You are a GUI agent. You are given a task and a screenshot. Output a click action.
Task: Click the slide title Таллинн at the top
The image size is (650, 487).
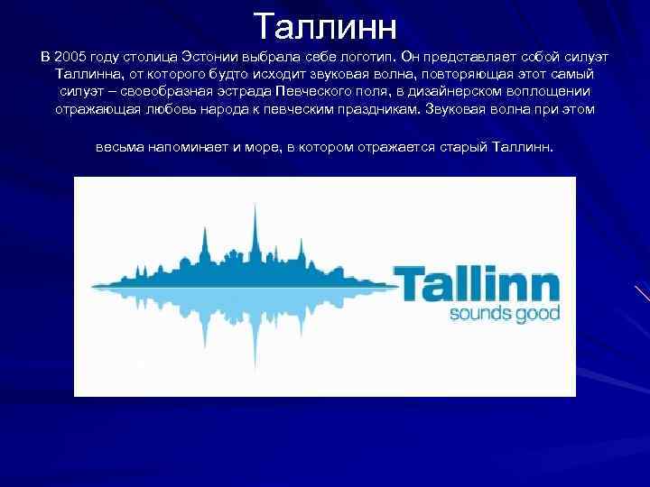(x=325, y=26)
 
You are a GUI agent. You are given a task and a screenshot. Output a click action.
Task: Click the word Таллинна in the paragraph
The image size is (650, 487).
(x=88, y=73)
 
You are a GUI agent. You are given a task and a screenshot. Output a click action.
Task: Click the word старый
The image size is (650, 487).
(x=463, y=145)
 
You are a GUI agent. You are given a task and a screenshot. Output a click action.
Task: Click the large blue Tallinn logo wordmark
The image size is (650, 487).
(x=476, y=283)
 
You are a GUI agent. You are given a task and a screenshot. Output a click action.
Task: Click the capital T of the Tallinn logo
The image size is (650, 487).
(x=406, y=283)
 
